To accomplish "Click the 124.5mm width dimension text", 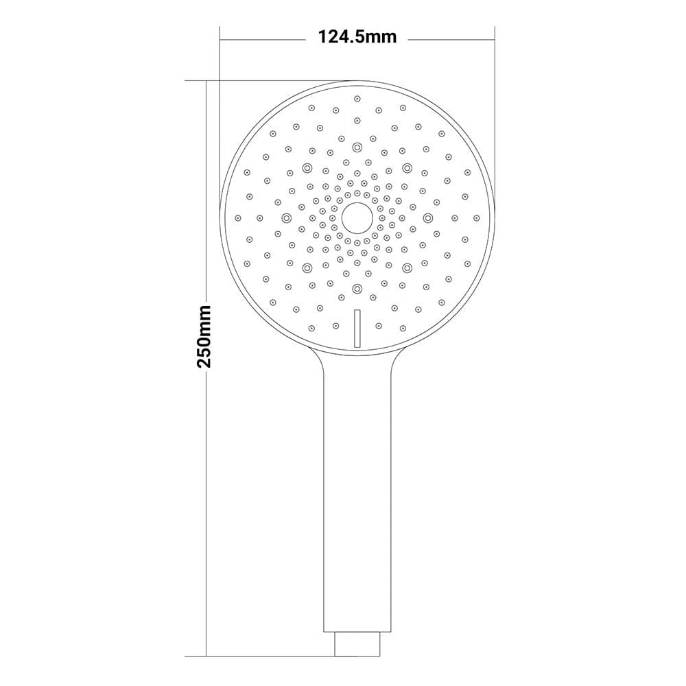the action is pyautogui.click(x=357, y=37).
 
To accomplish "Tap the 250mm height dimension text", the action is pyautogui.click(x=204, y=336).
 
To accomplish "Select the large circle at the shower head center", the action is pyautogui.click(x=357, y=217).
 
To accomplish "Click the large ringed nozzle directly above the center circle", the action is pyautogui.click(x=357, y=147).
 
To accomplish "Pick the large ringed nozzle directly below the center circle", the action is pyautogui.click(x=357, y=288).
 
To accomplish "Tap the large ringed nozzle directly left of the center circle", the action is pyautogui.click(x=287, y=217).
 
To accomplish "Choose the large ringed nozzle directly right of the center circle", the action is pyautogui.click(x=427, y=217).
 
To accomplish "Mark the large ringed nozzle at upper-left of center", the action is pyautogui.click(x=307, y=167).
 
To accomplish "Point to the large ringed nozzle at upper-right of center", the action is pyautogui.click(x=407, y=167).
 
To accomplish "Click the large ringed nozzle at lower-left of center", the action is pyautogui.click(x=307, y=268).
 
